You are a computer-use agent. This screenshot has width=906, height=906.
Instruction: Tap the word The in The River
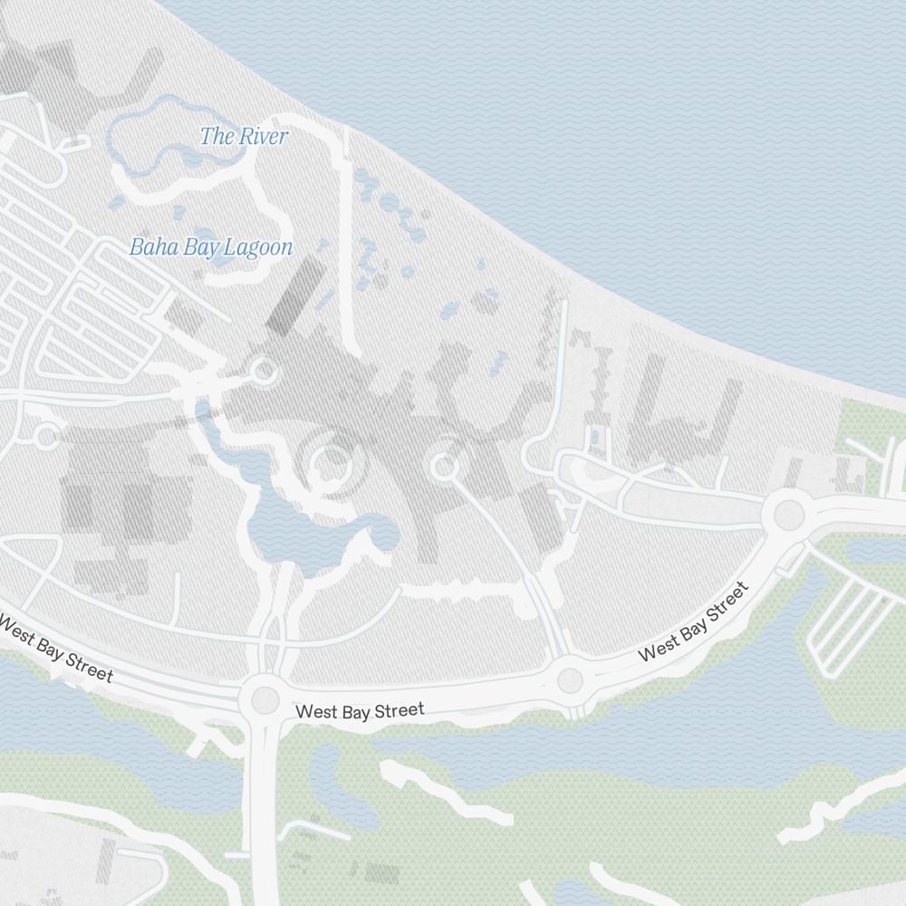(216, 137)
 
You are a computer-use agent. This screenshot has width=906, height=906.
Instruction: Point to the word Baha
(150, 246)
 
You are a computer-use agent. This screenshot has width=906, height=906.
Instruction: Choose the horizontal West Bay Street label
(360, 711)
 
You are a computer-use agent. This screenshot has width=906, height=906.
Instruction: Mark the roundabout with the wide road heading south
(265, 699)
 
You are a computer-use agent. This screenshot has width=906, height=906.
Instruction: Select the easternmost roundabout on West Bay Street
(789, 515)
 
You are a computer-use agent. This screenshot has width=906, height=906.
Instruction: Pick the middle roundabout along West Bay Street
(570, 679)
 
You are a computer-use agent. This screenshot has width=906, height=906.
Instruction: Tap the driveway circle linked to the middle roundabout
(443, 467)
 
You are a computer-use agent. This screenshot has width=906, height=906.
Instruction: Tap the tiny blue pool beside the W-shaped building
(594, 438)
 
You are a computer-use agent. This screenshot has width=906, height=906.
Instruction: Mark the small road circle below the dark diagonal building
(264, 370)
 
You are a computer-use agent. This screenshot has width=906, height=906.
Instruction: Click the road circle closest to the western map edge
(45, 438)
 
